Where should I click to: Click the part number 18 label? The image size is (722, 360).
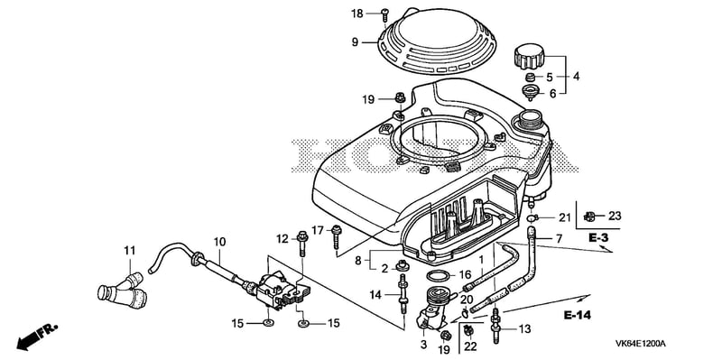pyautogui.click(x=356, y=14)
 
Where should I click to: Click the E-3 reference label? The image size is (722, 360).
pyautogui.click(x=598, y=238)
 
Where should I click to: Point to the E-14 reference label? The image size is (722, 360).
pyautogui.click(x=578, y=316)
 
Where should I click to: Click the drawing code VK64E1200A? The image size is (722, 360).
pyautogui.click(x=641, y=344)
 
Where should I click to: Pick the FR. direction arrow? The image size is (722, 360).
pyautogui.click(x=38, y=336)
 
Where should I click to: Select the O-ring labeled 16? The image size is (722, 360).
pyautogui.click(x=439, y=276)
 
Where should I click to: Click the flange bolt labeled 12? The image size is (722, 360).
pyautogui.click(x=302, y=243)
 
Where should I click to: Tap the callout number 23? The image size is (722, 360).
pyautogui.click(x=616, y=216)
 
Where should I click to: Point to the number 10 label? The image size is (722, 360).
pyautogui.click(x=219, y=241)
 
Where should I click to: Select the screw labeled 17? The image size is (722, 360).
pyautogui.click(x=337, y=237)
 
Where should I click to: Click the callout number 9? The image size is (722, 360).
pyautogui.click(x=355, y=42)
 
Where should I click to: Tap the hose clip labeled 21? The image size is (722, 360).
pyautogui.click(x=532, y=217)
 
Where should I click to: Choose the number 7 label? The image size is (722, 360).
pyautogui.click(x=559, y=239)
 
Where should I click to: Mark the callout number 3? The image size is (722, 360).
pyautogui.click(x=424, y=345)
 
